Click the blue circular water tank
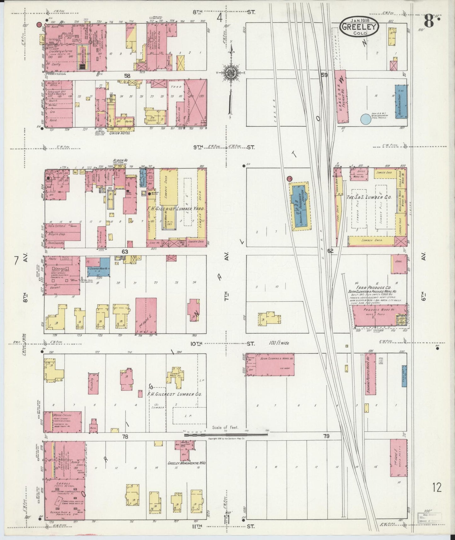366,119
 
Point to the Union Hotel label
120,133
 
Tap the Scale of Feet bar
225,434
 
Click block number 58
127,76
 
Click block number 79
326,436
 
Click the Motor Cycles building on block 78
62,422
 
